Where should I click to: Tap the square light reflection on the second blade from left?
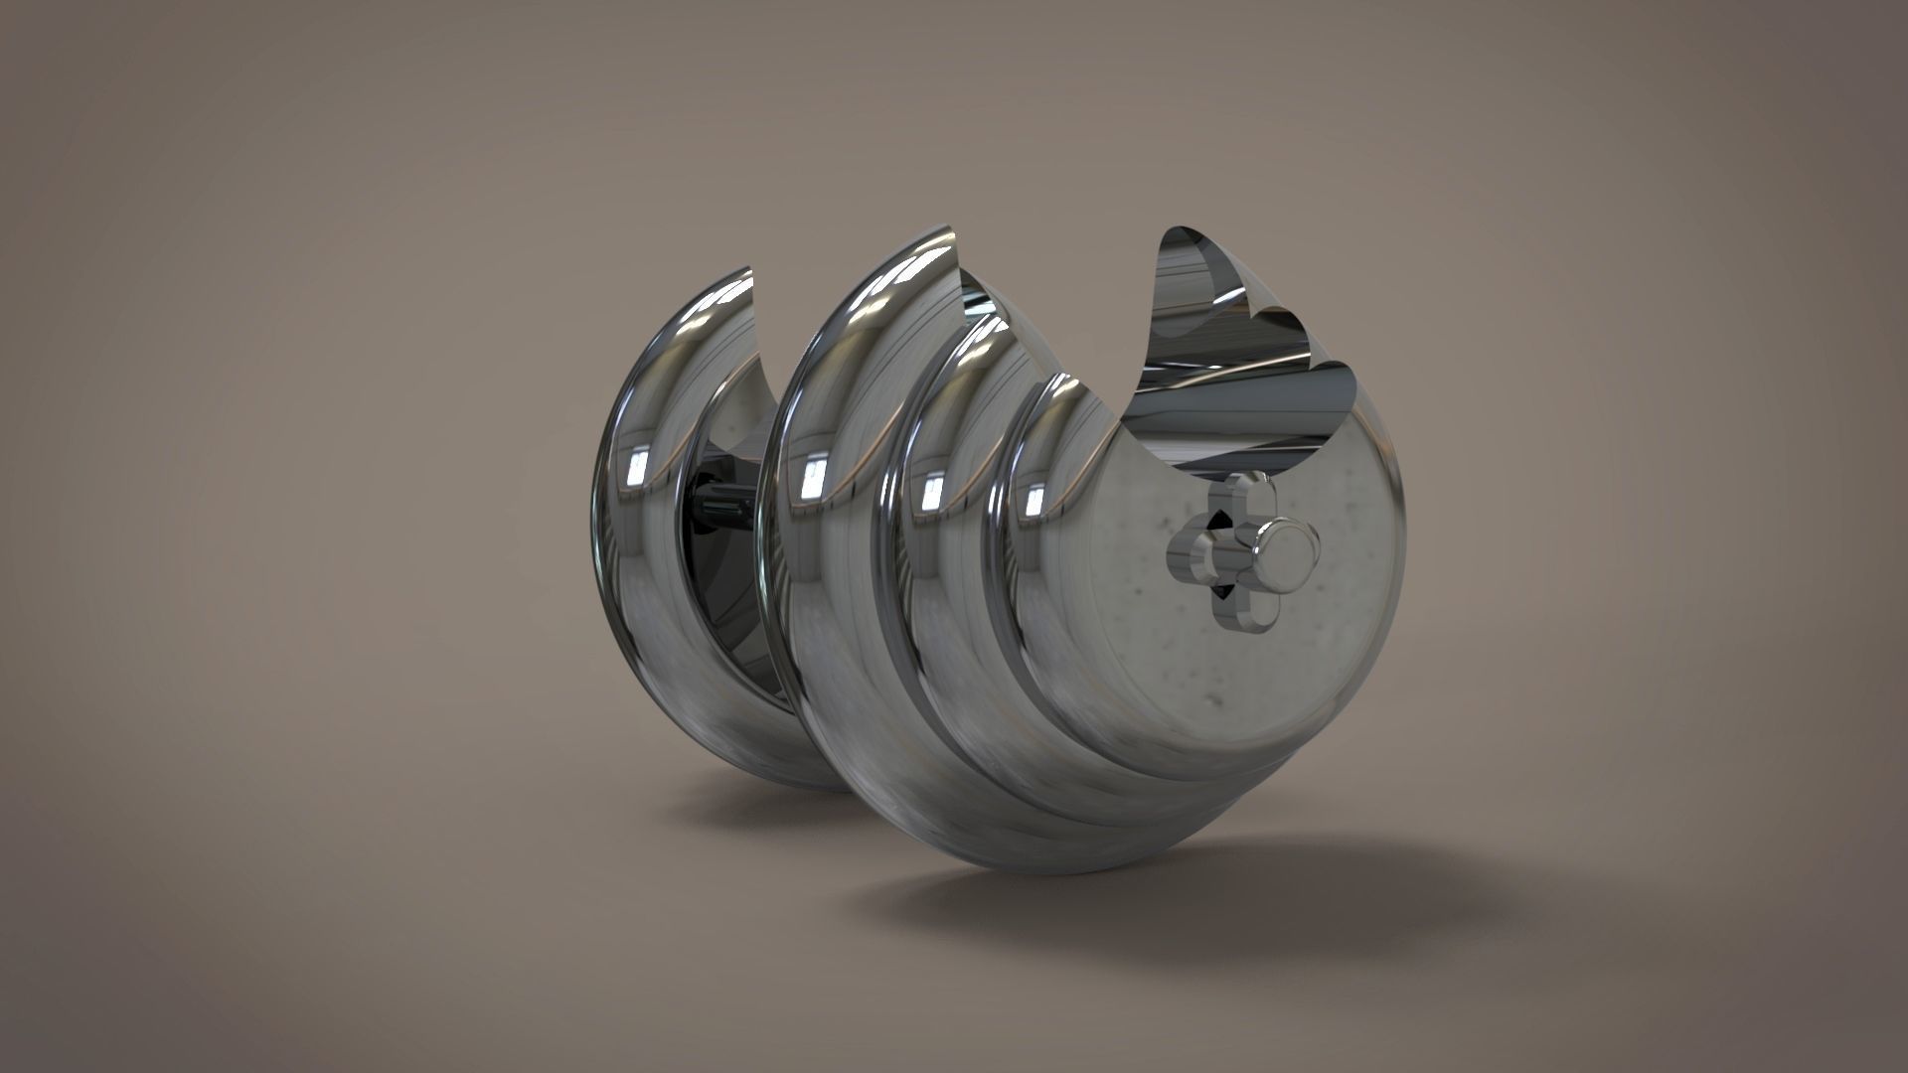point(813,478)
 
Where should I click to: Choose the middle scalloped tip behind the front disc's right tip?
point(1292,318)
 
